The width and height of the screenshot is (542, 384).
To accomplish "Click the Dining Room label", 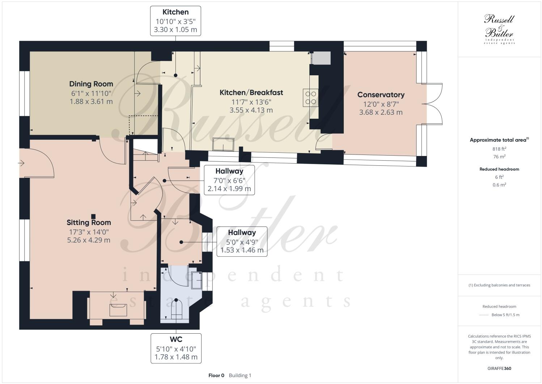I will [x=91, y=84].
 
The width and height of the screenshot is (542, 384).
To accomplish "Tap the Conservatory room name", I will [x=381, y=95].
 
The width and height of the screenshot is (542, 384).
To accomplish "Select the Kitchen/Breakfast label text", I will [x=251, y=93].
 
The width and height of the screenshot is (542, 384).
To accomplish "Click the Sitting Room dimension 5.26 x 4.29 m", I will [x=89, y=240].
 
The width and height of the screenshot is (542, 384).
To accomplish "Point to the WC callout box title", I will [x=176, y=339].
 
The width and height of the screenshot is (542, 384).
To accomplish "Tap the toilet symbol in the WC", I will [x=176, y=310].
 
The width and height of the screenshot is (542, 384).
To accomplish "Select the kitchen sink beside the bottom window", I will [x=223, y=144].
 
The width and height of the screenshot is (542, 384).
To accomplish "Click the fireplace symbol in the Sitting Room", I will [x=118, y=310].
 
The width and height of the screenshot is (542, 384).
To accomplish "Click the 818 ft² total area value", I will [x=499, y=149].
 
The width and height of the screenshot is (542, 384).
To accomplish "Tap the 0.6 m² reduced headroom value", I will [x=499, y=185].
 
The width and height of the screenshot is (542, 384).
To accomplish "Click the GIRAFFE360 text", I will [x=499, y=368].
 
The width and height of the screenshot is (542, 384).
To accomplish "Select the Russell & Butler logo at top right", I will [x=499, y=29].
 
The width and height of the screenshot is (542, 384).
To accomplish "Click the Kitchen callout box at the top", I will [x=175, y=21].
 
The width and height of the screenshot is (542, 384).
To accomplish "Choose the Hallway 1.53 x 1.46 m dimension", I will [x=242, y=250].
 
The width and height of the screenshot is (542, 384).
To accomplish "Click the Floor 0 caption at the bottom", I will [x=216, y=375].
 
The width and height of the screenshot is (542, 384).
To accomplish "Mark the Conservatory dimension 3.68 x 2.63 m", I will [x=381, y=112].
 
